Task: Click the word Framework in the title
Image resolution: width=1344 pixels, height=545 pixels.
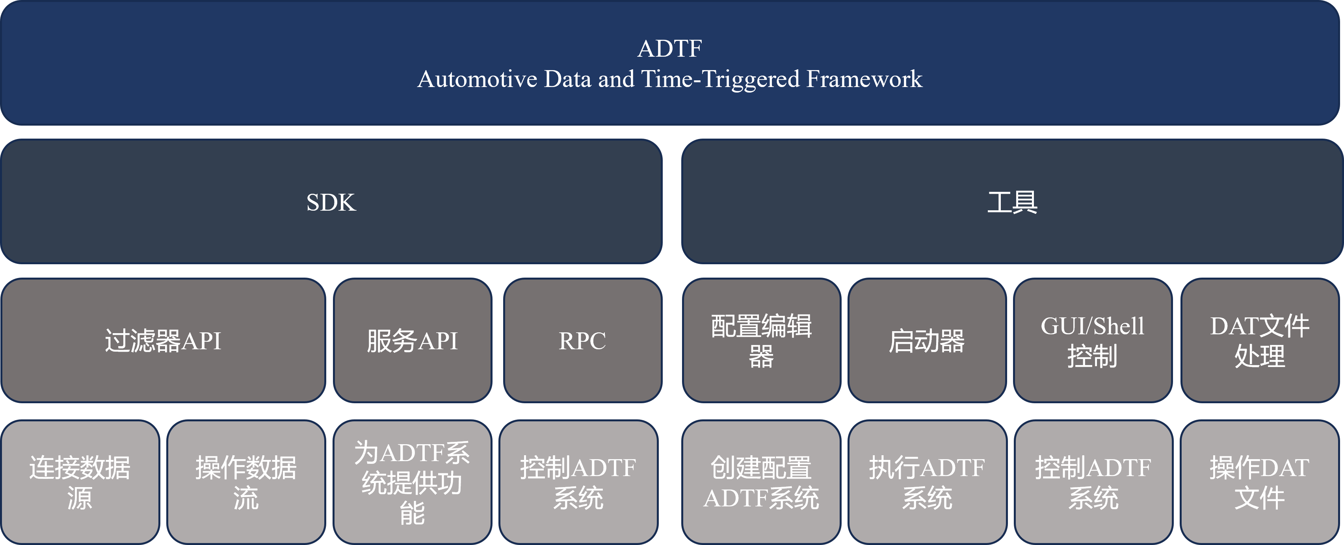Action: (864, 79)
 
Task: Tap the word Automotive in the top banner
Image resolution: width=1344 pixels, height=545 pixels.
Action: (478, 79)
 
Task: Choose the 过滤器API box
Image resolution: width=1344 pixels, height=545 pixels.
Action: (163, 340)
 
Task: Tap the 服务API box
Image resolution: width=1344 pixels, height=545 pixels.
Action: (412, 340)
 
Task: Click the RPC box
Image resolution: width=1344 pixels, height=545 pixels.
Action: (583, 340)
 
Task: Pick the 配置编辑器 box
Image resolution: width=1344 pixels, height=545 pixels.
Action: (761, 340)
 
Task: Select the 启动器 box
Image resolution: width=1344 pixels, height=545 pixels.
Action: (927, 340)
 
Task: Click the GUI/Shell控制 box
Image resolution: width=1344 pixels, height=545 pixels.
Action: (1093, 340)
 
